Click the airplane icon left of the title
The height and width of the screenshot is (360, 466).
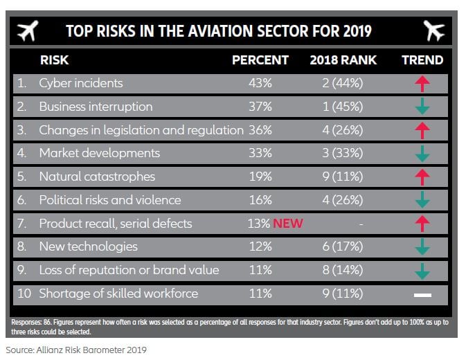pyautogui.click(x=27, y=30)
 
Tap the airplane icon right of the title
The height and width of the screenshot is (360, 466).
pyautogui.click(x=434, y=30)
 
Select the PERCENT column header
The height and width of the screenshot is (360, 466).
pyautogui.click(x=260, y=60)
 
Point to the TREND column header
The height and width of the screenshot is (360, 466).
pyautogui.click(x=422, y=60)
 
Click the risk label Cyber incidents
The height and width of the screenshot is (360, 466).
pyautogui.click(x=80, y=83)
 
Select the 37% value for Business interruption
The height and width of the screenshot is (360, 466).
pyautogui.click(x=260, y=107)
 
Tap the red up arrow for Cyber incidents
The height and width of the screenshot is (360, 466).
pyautogui.click(x=422, y=84)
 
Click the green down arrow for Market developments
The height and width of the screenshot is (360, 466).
pyautogui.click(x=422, y=154)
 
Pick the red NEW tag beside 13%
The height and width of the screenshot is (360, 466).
pyautogui.click(x=288, y=224)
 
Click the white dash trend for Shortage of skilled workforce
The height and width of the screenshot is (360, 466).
pyautogui.click(x=422, y=294)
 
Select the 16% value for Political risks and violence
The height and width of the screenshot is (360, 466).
pyautogui.click(x=260, y=200)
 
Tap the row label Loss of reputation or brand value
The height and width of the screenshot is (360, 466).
pyautogui.click(x=129, y=270)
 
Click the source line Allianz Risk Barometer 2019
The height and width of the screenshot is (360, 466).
pyautogui.click(x=77, y=350)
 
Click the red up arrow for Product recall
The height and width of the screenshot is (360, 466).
pyautogui.click(x=422, y=224)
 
